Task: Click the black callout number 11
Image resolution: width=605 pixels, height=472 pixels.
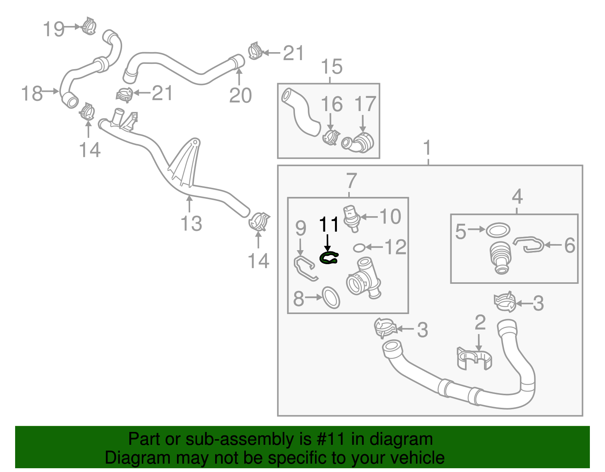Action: click(329, 225)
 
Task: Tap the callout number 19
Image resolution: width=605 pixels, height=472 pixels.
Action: click(53, 29)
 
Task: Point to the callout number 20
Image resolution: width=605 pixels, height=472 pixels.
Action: click(240, 95)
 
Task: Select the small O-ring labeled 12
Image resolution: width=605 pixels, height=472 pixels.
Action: click(359, 248)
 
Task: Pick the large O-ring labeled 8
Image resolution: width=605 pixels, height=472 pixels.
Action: click(331, 297)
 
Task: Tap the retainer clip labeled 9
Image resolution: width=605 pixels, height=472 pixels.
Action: click(305, 268)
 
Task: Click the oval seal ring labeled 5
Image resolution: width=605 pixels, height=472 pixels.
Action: click(498, 229)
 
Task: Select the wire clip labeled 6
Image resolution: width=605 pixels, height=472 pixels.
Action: click(529, 245)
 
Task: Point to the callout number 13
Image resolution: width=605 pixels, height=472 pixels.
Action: click(191, 223)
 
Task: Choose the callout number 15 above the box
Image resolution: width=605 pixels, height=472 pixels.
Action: click(332, 67)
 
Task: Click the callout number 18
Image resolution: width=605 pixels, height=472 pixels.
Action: click(32, 93)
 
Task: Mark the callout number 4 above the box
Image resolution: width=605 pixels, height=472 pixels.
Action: click(517, 197)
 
